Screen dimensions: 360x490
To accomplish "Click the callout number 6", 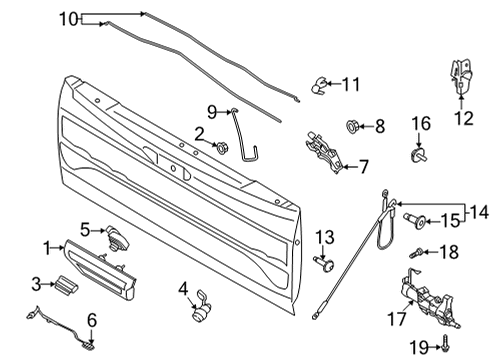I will (92, 321).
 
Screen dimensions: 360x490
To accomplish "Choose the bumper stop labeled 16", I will (419, 155).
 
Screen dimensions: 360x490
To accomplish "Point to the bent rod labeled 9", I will (242, 130).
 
